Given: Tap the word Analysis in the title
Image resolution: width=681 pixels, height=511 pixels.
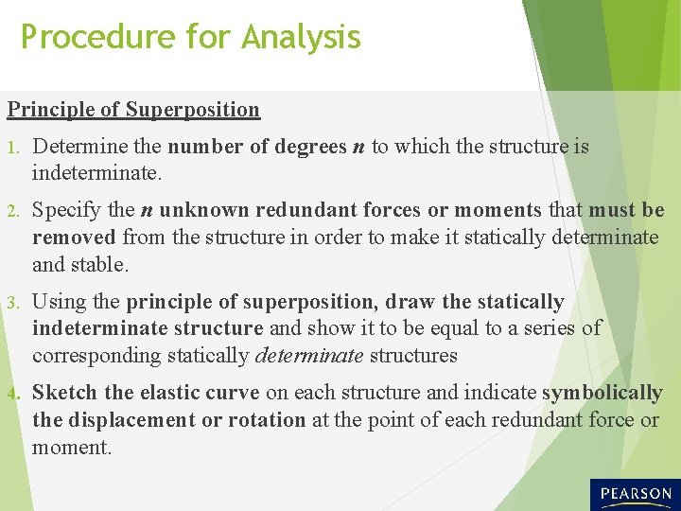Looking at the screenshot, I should [x=301, y=38].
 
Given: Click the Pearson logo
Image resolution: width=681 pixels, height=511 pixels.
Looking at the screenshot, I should [x=634, y=494].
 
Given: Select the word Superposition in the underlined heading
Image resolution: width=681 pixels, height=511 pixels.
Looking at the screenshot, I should [x=192, y=110].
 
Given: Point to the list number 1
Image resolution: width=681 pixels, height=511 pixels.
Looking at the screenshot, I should [x=11, y=148].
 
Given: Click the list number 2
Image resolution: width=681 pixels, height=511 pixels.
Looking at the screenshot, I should [x=12, y=211].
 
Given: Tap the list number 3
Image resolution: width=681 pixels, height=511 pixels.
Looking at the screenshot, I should [x=12, y=303].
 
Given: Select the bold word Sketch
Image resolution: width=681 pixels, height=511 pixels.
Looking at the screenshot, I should [x=65, y=393].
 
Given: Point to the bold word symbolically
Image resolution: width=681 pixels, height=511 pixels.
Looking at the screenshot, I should [x=602, y=393].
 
